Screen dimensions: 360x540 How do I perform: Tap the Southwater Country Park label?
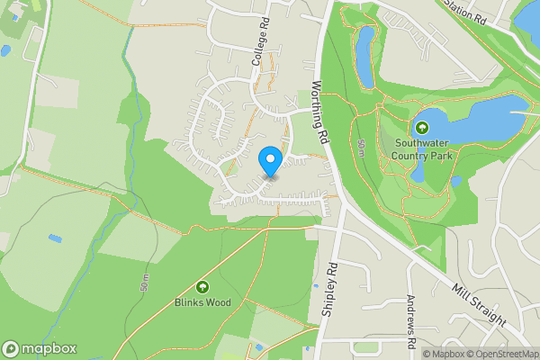point(421,148)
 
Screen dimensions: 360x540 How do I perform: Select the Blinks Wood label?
point(202,302)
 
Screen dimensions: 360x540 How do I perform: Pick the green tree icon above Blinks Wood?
point(202,287)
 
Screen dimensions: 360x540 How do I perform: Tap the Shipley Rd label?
point(329,288)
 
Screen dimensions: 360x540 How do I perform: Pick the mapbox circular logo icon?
point(12,348)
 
